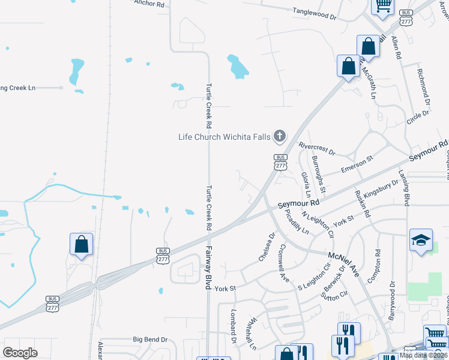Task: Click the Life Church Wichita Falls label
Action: (224, 136)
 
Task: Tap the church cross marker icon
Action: (279, 136)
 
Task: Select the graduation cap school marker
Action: (420, 240)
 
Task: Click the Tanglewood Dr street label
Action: (315, 12)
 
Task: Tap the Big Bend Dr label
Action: (150, 340)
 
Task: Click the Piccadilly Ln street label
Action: (297, 222)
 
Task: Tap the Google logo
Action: (20, 353)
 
